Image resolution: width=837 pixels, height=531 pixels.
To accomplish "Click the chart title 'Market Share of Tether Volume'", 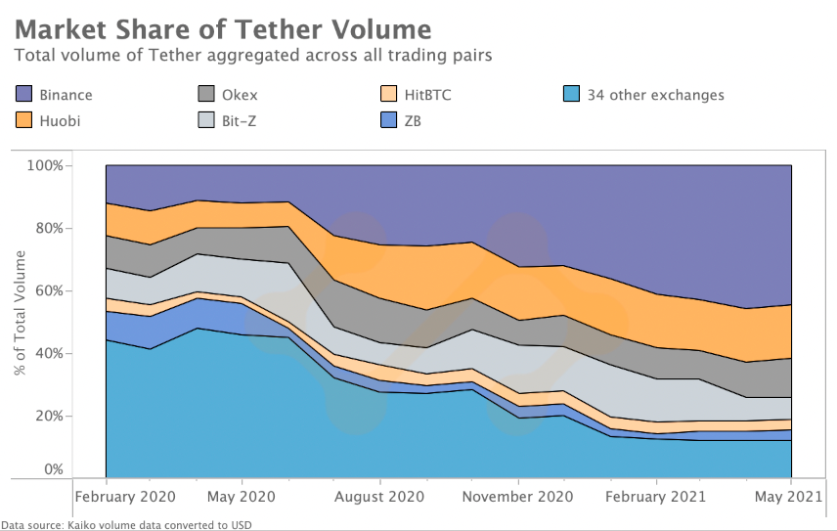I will coord(223,25).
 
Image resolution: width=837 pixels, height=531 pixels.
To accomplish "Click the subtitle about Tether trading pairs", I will coord(252,55).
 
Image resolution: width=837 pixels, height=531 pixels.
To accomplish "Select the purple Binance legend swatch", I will coord(24,95).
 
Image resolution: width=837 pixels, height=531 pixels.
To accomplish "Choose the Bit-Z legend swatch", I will coord(206,122).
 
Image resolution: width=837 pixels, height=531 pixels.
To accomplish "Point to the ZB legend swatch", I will coord(389,122).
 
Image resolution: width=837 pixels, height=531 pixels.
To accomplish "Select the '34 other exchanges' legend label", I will coord(655,95).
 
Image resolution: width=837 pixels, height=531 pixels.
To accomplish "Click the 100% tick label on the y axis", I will coord(45,165).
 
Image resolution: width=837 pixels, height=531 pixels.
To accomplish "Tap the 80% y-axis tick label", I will coord(48,228).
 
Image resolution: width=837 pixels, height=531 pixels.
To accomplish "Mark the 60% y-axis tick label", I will coord(48,290).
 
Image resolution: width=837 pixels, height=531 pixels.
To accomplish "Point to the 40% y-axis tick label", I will coord(48,353).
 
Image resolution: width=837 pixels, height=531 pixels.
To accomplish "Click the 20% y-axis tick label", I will coord(48,416).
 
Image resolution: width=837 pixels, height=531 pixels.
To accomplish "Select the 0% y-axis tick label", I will coord(52,469).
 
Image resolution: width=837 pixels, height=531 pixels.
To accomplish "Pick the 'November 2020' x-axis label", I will coord(517,496).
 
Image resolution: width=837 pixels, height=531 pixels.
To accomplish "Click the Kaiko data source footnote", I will coord(126,525).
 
